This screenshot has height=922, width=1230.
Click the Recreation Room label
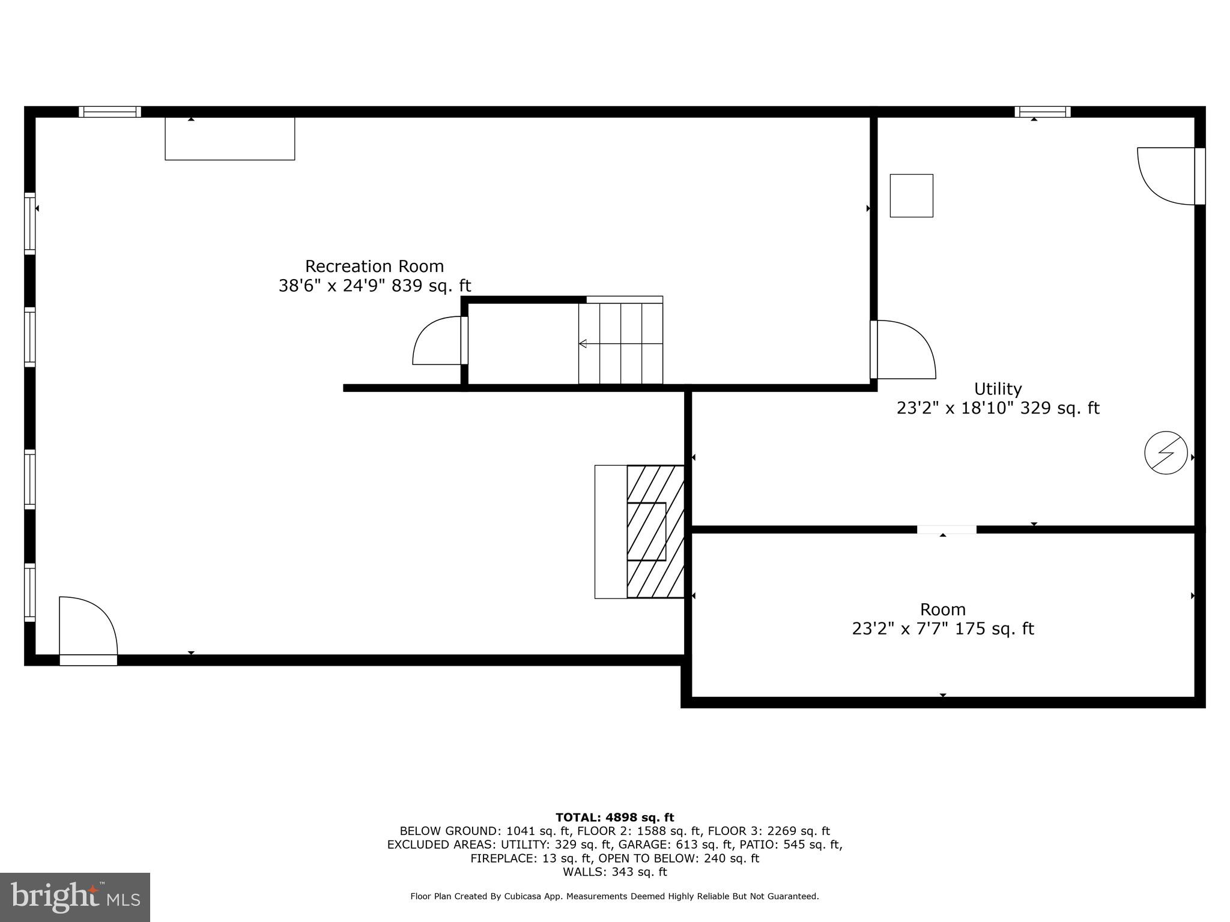374,266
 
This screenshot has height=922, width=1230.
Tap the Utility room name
998,388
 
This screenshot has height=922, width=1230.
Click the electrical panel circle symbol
1166,453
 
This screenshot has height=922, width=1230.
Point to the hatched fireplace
655,532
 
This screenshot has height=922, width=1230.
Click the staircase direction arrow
583,343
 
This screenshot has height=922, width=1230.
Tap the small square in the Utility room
911,196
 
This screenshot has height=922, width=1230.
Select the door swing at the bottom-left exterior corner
88,627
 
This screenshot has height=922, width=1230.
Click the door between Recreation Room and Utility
903,350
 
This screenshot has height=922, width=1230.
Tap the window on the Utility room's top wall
1042,112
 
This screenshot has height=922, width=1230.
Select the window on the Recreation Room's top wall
110,112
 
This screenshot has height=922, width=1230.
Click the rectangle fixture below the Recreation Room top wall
230,139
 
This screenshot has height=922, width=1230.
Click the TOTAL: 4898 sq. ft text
614,818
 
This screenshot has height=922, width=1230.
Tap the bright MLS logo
74,897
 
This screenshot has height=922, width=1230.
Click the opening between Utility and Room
946,529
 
